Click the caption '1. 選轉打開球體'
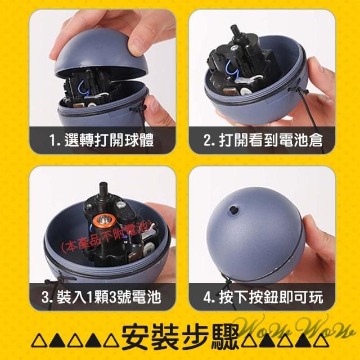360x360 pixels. pos(102,140)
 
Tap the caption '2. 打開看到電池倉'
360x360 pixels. pos(263,140)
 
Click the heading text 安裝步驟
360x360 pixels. pos(179,337)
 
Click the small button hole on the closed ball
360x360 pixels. pos(234,209)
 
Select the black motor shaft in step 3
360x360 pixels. pos(103,190)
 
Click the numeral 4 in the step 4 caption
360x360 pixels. pos(206,297)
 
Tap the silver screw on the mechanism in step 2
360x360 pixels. pos(234,48)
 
